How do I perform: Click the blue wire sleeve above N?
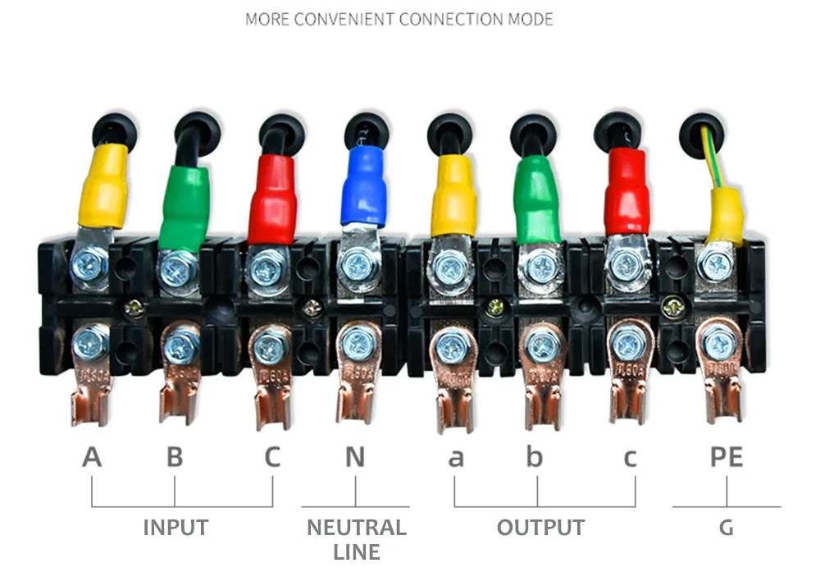(x=363, y=185)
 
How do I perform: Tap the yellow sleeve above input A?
(x=103, y=185)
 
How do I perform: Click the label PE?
(x=726, y=457)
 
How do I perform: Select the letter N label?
(x=354, y=457)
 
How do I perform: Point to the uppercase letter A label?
(x=92, y=457)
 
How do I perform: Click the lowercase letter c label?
(x=630, y=458)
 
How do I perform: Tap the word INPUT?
(x=175, y=527)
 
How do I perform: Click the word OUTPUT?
(x=540, y=527)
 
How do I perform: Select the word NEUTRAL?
(x=356, y=527)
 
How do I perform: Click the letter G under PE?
(x=726, y=528)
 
